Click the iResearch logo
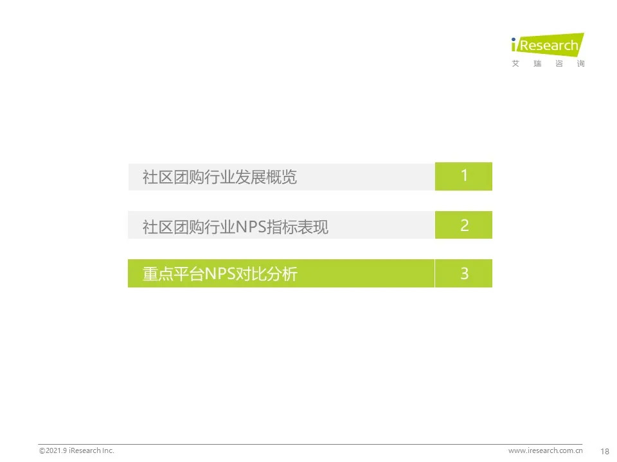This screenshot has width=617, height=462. (548, 50)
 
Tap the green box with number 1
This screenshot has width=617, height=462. (463, 176)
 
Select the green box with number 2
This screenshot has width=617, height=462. (463, 225)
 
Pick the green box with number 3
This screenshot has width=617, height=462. (463, 273)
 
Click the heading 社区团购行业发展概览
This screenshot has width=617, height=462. (220, 177)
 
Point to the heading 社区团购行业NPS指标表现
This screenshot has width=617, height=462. (235, 227)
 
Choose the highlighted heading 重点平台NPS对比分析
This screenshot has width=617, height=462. (220, 274)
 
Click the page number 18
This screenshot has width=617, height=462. (605, 451)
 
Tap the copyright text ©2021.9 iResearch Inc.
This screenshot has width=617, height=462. (76, 450)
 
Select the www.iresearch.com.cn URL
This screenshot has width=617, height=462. (546, 450)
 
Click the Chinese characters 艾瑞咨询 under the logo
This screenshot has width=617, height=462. (548, 64)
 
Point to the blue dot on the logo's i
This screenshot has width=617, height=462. (514, 39)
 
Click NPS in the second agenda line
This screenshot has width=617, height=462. (251, 227)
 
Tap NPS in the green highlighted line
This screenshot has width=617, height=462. (220, 274)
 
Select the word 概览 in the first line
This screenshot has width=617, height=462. (282, 177)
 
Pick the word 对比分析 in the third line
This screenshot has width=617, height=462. (266, 274)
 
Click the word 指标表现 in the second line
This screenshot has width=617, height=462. (298, 227)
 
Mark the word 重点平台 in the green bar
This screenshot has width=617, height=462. (174, 274)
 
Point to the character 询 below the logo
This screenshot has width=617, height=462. (581, 64)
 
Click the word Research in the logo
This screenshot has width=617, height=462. (549, 46)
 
